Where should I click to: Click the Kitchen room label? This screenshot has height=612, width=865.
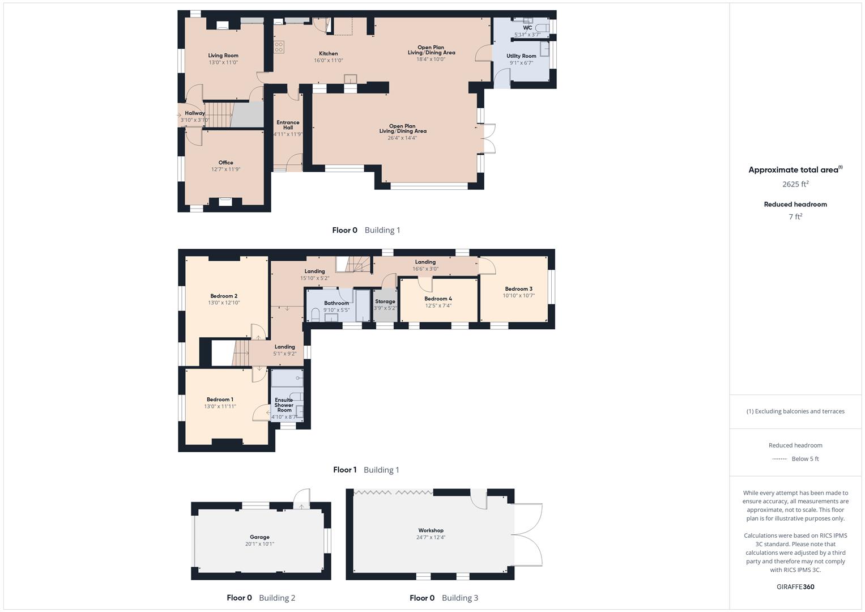pyautogui.click(x=328, y=54)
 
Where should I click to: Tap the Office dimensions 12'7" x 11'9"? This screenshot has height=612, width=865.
pyautogui.click(x=225, y=169)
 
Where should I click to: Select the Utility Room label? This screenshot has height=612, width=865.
pyautogui.click(x=521, y=56)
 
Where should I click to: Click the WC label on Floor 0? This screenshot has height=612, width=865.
pyautogui.click(x=527, y=28)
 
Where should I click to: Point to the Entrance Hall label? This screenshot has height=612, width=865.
pyautogui.click(x=288, y=125)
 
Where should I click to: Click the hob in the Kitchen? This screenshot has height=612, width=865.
pyautogui.click(x=279, y=47)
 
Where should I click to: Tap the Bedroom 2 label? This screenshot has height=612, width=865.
pyautogui.click(x=224, y=296)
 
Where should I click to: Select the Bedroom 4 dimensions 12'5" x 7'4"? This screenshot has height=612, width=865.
pyautogui.click(x=438, y=306)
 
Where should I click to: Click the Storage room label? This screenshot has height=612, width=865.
pyautogui.click(x=385, y=301)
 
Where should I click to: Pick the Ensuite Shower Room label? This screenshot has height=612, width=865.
pyautogui.click(x=284, y=405)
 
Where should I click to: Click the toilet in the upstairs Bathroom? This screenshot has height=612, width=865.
pyautogui.click(x=316, y=313)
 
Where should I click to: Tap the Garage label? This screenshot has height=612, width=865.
pyautogui.click(x=259, y=537)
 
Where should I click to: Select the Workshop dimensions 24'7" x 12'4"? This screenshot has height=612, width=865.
pyautogui.click(x=431, y=537)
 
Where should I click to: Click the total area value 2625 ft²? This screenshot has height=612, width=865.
pyautogui.click(x=795, y=184)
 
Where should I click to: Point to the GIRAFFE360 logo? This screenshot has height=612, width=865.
pyautogui.click(x=795, y=586)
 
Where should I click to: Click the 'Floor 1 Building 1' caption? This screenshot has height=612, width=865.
pyautogui.click(x=366, y=470)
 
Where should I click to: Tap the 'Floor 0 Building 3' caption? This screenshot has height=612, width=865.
pyautogui.click(x=444, y=598)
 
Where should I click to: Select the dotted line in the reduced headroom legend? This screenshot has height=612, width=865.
pyautogui.click(x=779, y=459)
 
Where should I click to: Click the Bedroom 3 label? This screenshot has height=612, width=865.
pyautogui.click(x=518, y=289)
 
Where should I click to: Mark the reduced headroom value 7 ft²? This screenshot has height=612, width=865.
pyautogui.click(x=795, y=217)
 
